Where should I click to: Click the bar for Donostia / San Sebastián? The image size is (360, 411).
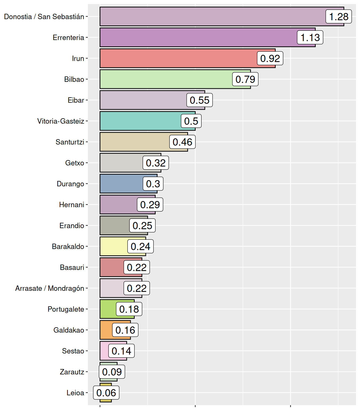coord(212,17)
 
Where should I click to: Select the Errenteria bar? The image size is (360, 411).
coord(198,37)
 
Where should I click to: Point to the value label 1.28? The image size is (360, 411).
coord(339,17)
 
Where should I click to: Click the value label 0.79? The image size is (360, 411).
coord(245,79)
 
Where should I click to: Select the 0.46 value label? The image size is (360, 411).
coord(182,142)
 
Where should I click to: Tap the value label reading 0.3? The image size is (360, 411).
coord(153,184)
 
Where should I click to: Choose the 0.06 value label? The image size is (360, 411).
coord(106,393)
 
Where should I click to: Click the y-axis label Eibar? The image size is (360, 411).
coord(76,100)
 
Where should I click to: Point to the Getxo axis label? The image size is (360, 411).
coord(74,163)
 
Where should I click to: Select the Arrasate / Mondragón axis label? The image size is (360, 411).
coord(50,288)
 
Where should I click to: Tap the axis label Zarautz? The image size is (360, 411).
coord(72,372)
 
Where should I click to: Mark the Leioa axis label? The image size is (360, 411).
coord(75,393)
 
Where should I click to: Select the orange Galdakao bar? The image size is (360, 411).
coord(106,330)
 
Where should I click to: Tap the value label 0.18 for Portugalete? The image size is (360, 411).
coord(129,309)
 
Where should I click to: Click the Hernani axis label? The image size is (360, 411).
coord(72,205)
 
